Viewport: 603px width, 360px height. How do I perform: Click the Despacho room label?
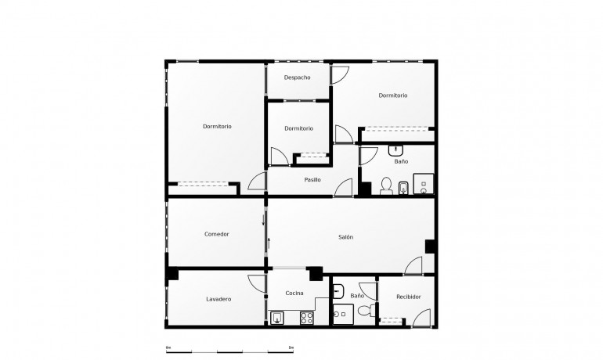tap(298, 77)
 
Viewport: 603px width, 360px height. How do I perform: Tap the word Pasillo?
tap(312, 180)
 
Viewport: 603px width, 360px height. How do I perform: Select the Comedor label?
tap(216, 234)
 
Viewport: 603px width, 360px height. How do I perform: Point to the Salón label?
tap(346, 237)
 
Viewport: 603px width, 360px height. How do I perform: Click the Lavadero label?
tap(218, 299)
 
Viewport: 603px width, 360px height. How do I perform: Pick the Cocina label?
tap(294, 293)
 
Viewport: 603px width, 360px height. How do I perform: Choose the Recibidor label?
tap(409, 297)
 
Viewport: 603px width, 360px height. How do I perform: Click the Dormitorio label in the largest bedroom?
tap(217, 127)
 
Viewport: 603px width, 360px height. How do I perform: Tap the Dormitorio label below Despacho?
tap(298, 128)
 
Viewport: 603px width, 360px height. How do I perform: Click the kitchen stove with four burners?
tap(307, 317)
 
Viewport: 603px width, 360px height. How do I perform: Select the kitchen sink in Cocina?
tap(279, 317)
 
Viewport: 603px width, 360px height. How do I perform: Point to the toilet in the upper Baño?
tap(385, 185)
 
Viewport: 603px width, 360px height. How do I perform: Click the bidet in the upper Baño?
tap(403, 186)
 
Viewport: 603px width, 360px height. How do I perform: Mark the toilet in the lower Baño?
tap(365, 311)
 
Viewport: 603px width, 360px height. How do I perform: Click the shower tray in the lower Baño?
tap(342, 315)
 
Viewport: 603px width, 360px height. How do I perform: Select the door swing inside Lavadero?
tap(256, 283)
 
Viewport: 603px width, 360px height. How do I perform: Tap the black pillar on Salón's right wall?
tap(430, 246)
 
